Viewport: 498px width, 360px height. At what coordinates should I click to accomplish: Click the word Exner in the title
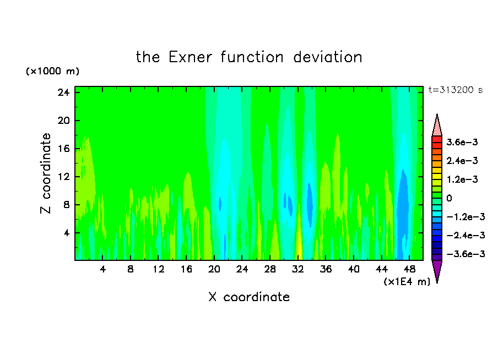tap(190, 57)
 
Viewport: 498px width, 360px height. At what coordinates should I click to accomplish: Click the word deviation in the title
tap(328, 57)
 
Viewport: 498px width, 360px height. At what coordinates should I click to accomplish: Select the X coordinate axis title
tap(249, 297)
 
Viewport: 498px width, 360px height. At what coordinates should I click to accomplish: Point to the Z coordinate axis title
tap(45, 173)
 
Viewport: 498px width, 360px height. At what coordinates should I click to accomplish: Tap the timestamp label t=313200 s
tap(456, 90)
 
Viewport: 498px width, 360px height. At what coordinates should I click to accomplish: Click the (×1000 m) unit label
tap(52, 71)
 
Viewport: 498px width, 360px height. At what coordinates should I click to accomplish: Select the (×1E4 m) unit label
tap(407, 282)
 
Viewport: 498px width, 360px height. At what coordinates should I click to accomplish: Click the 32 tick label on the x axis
tap(298, 269)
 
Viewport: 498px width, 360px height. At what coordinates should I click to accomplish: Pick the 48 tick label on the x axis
tap(410, 269)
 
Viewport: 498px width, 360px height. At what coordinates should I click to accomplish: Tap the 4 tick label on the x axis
tap(102, 269)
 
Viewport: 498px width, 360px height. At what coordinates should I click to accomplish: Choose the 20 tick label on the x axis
tap(214, 269)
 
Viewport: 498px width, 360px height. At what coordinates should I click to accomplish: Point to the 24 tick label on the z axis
tap(63, 92)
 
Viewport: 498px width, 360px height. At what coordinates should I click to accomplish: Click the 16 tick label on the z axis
tap(63, 149)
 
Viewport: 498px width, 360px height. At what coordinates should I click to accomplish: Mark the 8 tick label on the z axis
tap(66, 205)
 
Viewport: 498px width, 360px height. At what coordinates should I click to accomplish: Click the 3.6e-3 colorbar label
tap(462, 142)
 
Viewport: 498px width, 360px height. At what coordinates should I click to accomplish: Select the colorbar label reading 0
tap(449, 198)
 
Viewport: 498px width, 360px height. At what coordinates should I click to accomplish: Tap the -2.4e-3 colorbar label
tap(465, 235)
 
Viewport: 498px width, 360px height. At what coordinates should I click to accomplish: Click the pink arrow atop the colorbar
tap(437, 126)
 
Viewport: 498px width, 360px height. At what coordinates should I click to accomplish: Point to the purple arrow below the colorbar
tap(437, 271)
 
